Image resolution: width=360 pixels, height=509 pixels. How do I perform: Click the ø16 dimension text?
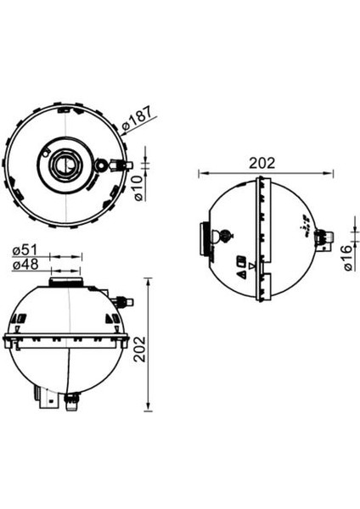tap(349, 256)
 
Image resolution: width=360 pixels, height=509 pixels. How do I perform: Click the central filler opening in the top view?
tap(64, 163)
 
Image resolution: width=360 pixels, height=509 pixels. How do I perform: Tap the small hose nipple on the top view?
tap(103, 165)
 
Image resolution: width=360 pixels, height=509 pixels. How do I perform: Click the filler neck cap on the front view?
tap(66, 281)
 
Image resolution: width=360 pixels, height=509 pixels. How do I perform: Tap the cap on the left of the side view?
tap(204, 241)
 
